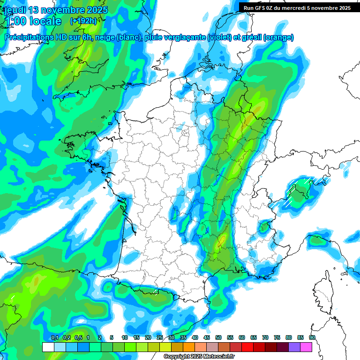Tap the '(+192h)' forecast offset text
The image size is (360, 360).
[x=83, y=21]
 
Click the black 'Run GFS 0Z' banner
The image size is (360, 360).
[x=297, y=7]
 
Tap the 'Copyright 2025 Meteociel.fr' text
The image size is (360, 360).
[x=199, y=356]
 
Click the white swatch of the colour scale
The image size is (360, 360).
[x=48, y=347]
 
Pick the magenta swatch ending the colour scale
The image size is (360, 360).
[x=306, y=347]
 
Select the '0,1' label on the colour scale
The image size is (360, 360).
[x=54, y=338]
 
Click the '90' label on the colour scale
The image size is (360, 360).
[x=312, y=338]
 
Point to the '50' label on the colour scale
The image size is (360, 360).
[x=218, y=338]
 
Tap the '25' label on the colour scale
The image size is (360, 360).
[x=160, y=338]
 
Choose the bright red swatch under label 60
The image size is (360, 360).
[x=247, y=347]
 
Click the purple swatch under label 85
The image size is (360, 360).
[x=294, y=347]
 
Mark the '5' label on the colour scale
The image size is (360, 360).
[x=112, y=338]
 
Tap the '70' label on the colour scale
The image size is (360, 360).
[x=265, y=338]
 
